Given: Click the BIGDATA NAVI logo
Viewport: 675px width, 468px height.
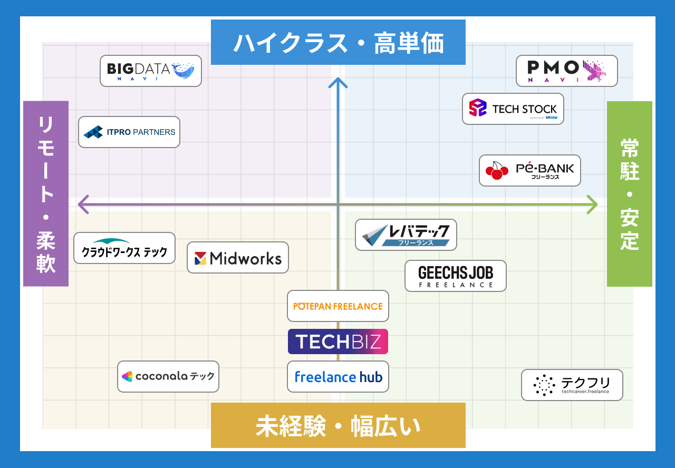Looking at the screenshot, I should click(151, 71).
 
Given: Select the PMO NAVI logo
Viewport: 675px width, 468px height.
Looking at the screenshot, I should click(566, 71).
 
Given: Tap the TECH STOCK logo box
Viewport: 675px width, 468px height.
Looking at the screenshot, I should click(513, 109).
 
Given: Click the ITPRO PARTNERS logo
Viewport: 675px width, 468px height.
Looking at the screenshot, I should click(129, 132).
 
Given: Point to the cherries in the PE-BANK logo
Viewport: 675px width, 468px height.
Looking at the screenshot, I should click(496, 170).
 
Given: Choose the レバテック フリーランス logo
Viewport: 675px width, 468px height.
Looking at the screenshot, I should click(406, 235).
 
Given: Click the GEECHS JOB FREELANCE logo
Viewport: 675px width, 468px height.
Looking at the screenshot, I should click(455, 276).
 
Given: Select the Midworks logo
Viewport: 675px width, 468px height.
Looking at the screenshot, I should click(238, 257).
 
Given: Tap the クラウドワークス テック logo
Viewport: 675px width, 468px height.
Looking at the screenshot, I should click(124, 248).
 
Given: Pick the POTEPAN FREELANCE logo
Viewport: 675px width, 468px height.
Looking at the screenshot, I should click(338, 306).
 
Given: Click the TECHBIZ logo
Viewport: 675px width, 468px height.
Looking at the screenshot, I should click(338, 342).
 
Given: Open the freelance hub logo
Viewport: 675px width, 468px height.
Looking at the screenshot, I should click(338, 376).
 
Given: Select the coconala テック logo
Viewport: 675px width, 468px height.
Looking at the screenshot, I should click(168, 376).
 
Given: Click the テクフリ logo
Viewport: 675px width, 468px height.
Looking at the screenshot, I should click(572, 385).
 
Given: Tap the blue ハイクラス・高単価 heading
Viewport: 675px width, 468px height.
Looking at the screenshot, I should click(338, 42).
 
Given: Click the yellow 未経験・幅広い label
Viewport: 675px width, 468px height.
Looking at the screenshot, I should click(338, 425).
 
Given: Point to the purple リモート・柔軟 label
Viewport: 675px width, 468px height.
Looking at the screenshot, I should click(46, 193).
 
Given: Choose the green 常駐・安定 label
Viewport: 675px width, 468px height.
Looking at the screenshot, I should click(629, 193).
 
